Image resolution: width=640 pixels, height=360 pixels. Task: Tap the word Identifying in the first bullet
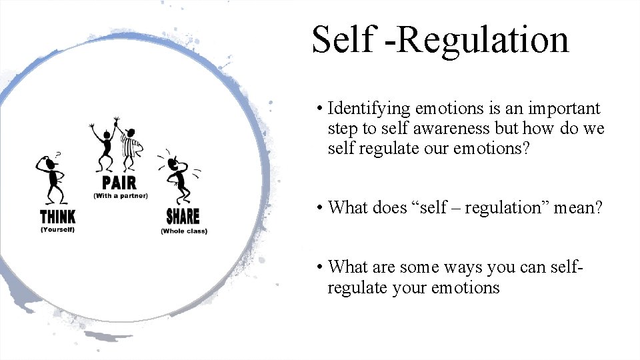[369, 109]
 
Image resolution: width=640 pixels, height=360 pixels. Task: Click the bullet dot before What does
[321, 208]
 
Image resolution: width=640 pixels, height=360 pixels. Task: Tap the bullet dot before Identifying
[321, 109]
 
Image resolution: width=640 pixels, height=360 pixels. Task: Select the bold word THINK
[57, 217]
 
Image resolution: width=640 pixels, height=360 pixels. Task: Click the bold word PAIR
[119, 183]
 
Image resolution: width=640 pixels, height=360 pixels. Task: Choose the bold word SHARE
[183, 217]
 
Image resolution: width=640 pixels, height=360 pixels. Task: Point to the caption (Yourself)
[57, 230]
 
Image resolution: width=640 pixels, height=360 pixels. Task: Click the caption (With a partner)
[121, 196]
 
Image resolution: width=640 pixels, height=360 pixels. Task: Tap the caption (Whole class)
[184, 231]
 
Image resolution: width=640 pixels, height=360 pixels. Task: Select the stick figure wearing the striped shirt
[131, 148]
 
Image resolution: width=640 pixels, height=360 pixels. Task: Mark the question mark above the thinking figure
[58, 155]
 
